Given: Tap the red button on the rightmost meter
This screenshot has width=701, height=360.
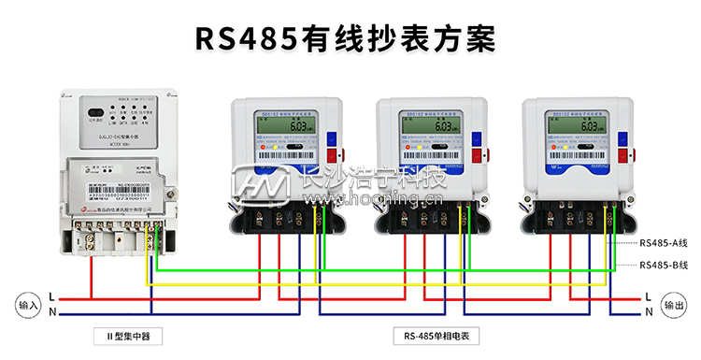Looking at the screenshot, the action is pyautogui.click(x=622, y=155).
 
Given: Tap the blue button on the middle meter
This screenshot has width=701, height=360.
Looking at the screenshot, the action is pyautogui.click(x=479, y=136).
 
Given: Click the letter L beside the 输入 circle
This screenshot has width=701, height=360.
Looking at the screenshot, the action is pyautogui.click(x=51, y=296).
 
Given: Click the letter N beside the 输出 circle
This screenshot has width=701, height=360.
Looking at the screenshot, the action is pyautogui.click(x=650, y=311).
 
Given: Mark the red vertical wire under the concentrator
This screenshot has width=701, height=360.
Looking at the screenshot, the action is pyautogui.click(x=91, y=271).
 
